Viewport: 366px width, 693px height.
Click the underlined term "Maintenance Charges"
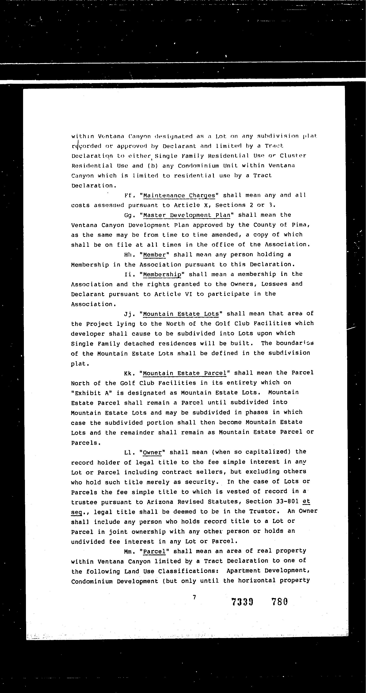179,195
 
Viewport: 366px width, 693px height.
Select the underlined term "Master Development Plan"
187,215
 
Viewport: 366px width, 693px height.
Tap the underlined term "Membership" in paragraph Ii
162,274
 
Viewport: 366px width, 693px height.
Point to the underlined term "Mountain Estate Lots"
181,314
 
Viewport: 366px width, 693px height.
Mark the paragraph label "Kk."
130,373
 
